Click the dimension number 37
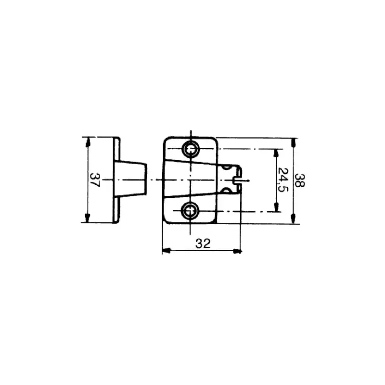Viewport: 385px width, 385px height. pyautogui.click(x=95, y=180)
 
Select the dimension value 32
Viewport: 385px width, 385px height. pyautogui.click(x=203, y=244)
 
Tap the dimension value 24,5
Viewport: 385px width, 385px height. pyautogui.click(x=283, y=180)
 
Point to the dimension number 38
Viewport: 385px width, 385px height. pyautogui.click(x=299, y=180)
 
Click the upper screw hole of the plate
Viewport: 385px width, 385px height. pyautogui.click(x=191, y=149)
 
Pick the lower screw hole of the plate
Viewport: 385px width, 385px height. pyautogui.click(x=190, y=211)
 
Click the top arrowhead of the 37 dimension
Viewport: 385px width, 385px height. pyautogui.click(x=87, y=141)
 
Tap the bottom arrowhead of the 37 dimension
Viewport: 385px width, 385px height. pyautogui.click(x=87, y=218)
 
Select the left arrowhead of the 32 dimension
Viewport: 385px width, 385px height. pyautogui.click(x=167, y=251)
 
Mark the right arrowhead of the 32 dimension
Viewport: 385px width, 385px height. pyautogui.click(x=237, y=251)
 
